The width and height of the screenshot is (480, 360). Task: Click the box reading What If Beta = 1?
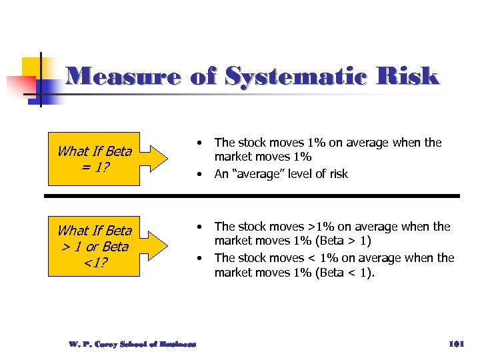click(94, 159)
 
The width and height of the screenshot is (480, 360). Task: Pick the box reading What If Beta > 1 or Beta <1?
click(94, 246)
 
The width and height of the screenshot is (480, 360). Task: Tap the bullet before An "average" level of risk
click(199, 174)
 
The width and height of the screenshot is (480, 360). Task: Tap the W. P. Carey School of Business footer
click(132, 344)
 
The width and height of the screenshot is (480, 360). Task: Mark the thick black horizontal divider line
click(252, 195)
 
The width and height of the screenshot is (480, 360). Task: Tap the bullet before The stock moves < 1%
click(199, 257)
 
